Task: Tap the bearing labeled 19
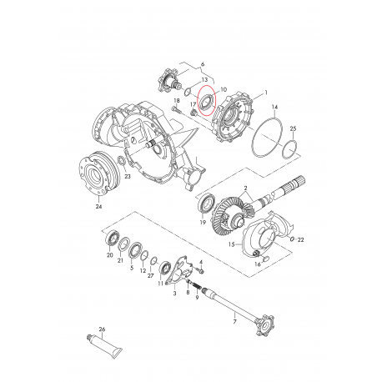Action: pyautogui.click(x=203, y=206)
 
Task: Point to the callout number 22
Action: pyautogui.click(x=300, y=239)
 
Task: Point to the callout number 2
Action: pyautogui.click(x=246, y=188)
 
